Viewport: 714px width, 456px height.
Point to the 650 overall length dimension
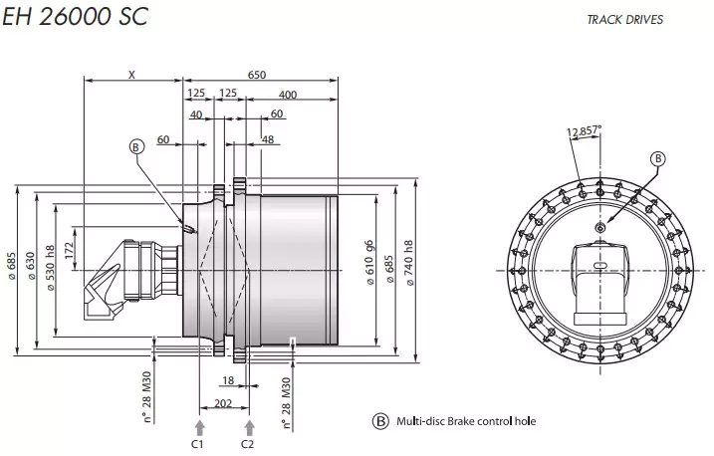[256, 75]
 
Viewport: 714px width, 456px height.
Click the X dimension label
[132, 75]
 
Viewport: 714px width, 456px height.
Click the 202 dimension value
[224, 401]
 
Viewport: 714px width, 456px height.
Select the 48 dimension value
[266, 140]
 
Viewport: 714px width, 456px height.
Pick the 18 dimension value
[229, 380]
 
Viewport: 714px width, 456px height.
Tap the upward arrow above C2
[248, 426]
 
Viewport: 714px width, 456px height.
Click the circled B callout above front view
[657, 157]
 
